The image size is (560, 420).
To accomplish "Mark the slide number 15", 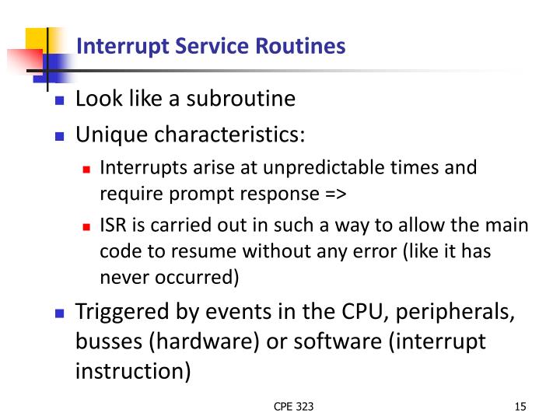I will click(x=520, y=406).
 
